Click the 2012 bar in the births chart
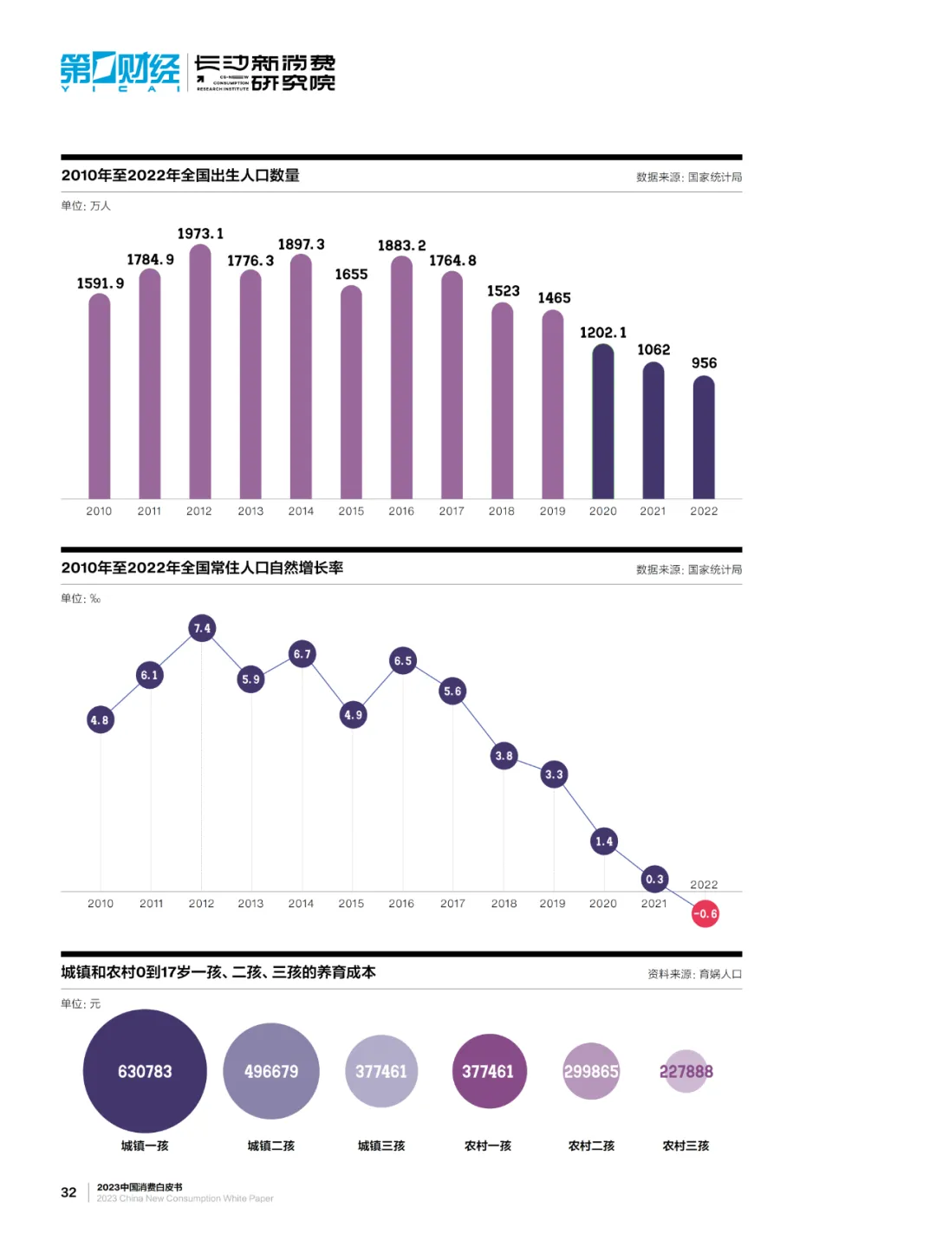(200, 373)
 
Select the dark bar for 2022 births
(704, 438)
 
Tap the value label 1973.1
(200, 234)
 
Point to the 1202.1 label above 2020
(603, 333)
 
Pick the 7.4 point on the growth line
(202, 628)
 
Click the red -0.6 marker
(705, 913)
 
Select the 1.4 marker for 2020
(604, 841)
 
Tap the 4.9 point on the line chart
(353, 715)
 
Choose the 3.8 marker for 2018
(504, 756)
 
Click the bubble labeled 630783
(145, 1071)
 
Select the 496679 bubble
(271, 1071)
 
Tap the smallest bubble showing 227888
(686, 1071)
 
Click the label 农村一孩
(488, 1146)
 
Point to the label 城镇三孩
(381, 1146)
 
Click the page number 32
(68, 1192)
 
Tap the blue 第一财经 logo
(120, 71)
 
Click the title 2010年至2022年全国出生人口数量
(180, 176)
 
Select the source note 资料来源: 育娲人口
(694, 974)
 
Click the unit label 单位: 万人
(86, 206)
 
